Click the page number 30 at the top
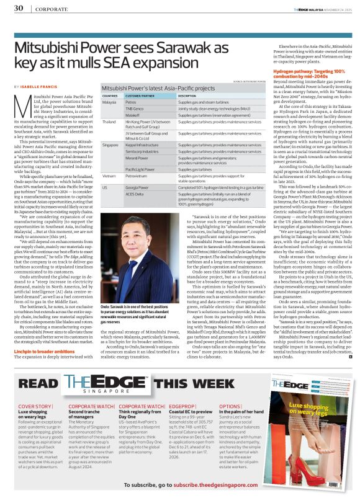pos(19,9)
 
